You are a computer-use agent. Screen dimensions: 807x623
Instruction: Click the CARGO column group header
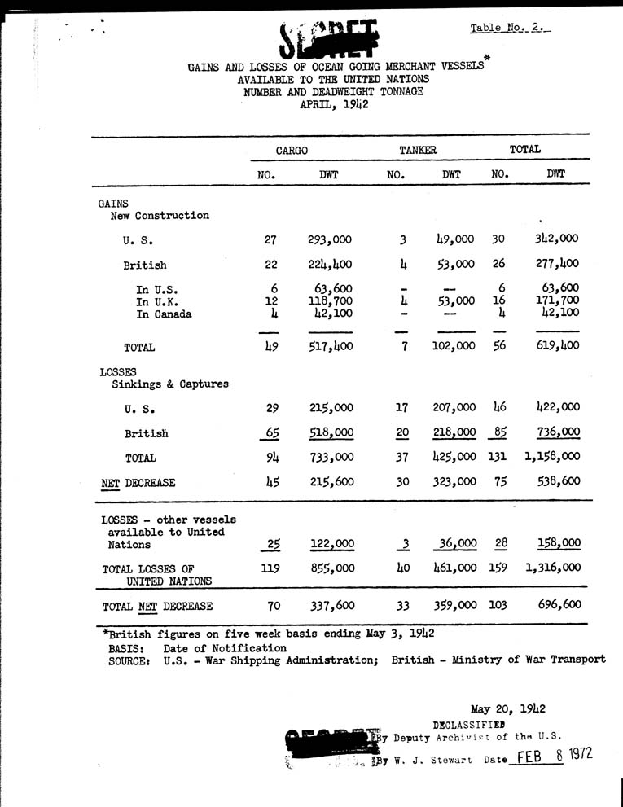point(291,150)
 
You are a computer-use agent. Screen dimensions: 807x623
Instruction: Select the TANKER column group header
point(418,150)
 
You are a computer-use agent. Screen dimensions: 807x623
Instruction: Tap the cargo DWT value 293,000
point(330,239)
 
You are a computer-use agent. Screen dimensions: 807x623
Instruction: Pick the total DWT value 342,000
point(558,239)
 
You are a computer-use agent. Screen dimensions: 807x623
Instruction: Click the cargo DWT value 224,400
point(330,265)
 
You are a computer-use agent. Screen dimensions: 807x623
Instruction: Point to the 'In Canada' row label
point(165,314)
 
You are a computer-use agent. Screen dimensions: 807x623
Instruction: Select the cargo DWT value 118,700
point(332,302)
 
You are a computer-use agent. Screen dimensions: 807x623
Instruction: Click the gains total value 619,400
point(558,346)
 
